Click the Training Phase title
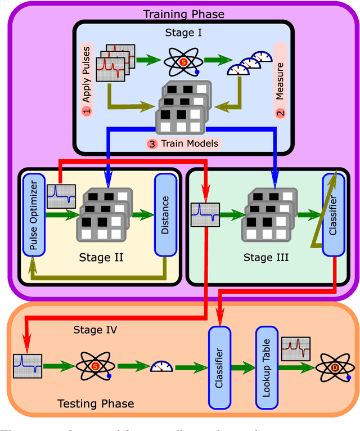click(x=183, y=14)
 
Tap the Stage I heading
click(x=183, y=32)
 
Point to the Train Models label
click(x=184, y=143)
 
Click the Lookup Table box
click(x=267, y=367)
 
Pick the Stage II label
click(x=102, y=258)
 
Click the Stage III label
click(x=266, y=258)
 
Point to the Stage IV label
click(x=95, y=330)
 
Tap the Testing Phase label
click(x=96, y=403)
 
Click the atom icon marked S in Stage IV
click(x=97, y=367)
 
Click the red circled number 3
click(x=153, y=143)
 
